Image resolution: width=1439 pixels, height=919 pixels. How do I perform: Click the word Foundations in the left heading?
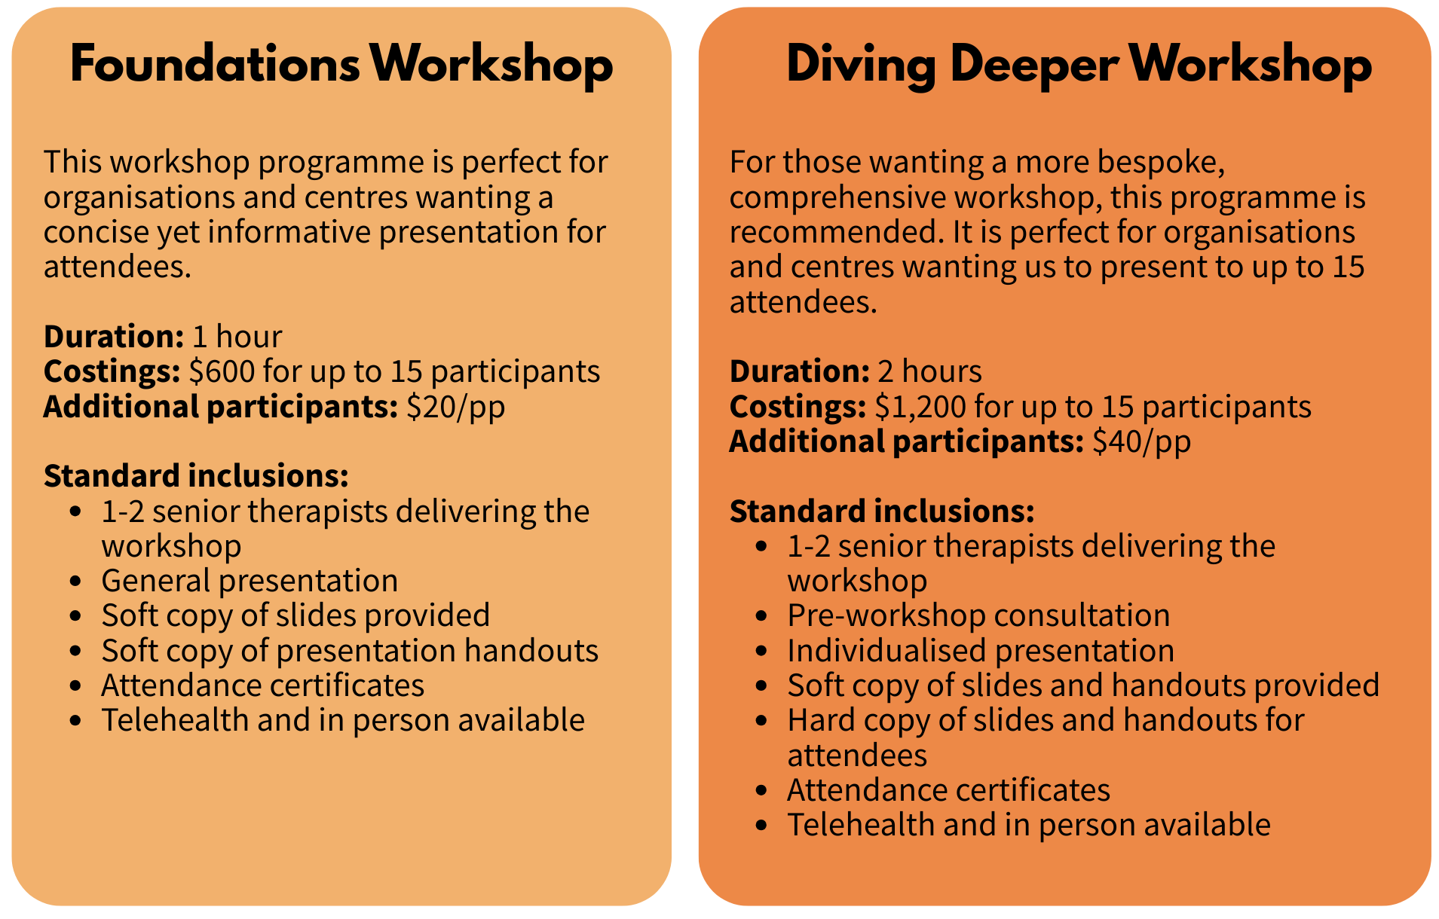(216, 65)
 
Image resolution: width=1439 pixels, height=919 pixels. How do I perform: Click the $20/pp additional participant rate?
(456, 407)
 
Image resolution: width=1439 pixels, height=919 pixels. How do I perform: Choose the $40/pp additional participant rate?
(1142, 441)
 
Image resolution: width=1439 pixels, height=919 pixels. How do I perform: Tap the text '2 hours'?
(930, 371)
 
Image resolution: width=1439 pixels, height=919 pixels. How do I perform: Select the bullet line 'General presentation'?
(250, 581)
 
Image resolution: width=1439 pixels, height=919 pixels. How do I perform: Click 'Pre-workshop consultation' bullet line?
(978, 615)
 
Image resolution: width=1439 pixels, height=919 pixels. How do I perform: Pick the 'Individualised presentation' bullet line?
(981, 651)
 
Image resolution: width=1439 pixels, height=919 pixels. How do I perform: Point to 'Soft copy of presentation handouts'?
(350, 651)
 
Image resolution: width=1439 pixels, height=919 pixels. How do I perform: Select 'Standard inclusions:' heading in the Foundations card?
(196, 476)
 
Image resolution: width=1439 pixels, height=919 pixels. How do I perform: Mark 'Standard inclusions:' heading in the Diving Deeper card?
(882, 511)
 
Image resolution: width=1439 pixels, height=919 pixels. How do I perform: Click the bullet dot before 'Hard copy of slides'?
(762, 721)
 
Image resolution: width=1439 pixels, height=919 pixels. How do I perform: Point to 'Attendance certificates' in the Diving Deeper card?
(948, 790)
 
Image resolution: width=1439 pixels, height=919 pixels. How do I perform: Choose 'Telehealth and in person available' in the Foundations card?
(343, 721)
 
